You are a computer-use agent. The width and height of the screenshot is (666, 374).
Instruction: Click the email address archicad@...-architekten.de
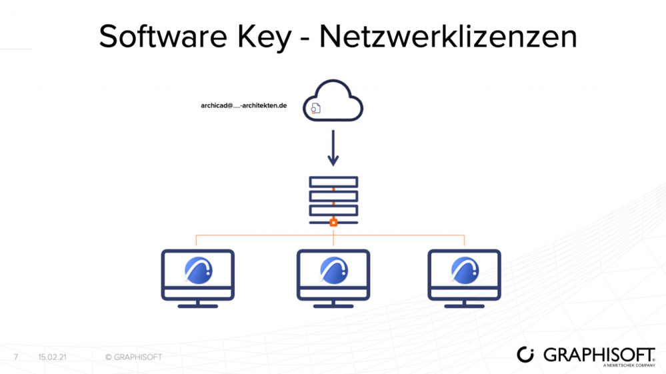point(244,105)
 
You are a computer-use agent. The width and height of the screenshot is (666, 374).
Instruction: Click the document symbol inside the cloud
point(316,108)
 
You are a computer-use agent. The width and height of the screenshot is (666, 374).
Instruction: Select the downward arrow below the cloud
point(333,149)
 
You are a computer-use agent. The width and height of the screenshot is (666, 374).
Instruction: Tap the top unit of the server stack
point(333,182)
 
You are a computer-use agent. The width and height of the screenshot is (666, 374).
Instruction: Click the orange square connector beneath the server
point(333,222)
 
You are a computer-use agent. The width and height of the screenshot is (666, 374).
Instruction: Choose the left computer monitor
point(198,275)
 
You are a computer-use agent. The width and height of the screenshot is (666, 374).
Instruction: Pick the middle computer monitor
point(333,275)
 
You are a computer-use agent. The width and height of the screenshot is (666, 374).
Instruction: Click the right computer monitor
point(464,275)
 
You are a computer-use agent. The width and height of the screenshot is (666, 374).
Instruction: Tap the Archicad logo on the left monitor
point(199,271)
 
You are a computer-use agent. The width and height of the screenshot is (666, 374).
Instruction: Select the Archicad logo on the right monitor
point(465,271)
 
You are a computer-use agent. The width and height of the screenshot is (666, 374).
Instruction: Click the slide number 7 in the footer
point(16,357)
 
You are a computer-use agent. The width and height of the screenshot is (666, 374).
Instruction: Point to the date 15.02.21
point(52,357)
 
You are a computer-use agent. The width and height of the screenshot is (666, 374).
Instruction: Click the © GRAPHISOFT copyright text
point(133,357)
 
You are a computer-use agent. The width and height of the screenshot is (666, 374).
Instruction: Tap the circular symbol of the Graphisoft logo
point(526,355)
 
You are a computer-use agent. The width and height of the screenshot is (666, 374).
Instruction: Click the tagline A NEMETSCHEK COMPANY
point(629,365)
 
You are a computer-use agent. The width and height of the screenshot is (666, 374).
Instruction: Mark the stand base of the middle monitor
point(333,306)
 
